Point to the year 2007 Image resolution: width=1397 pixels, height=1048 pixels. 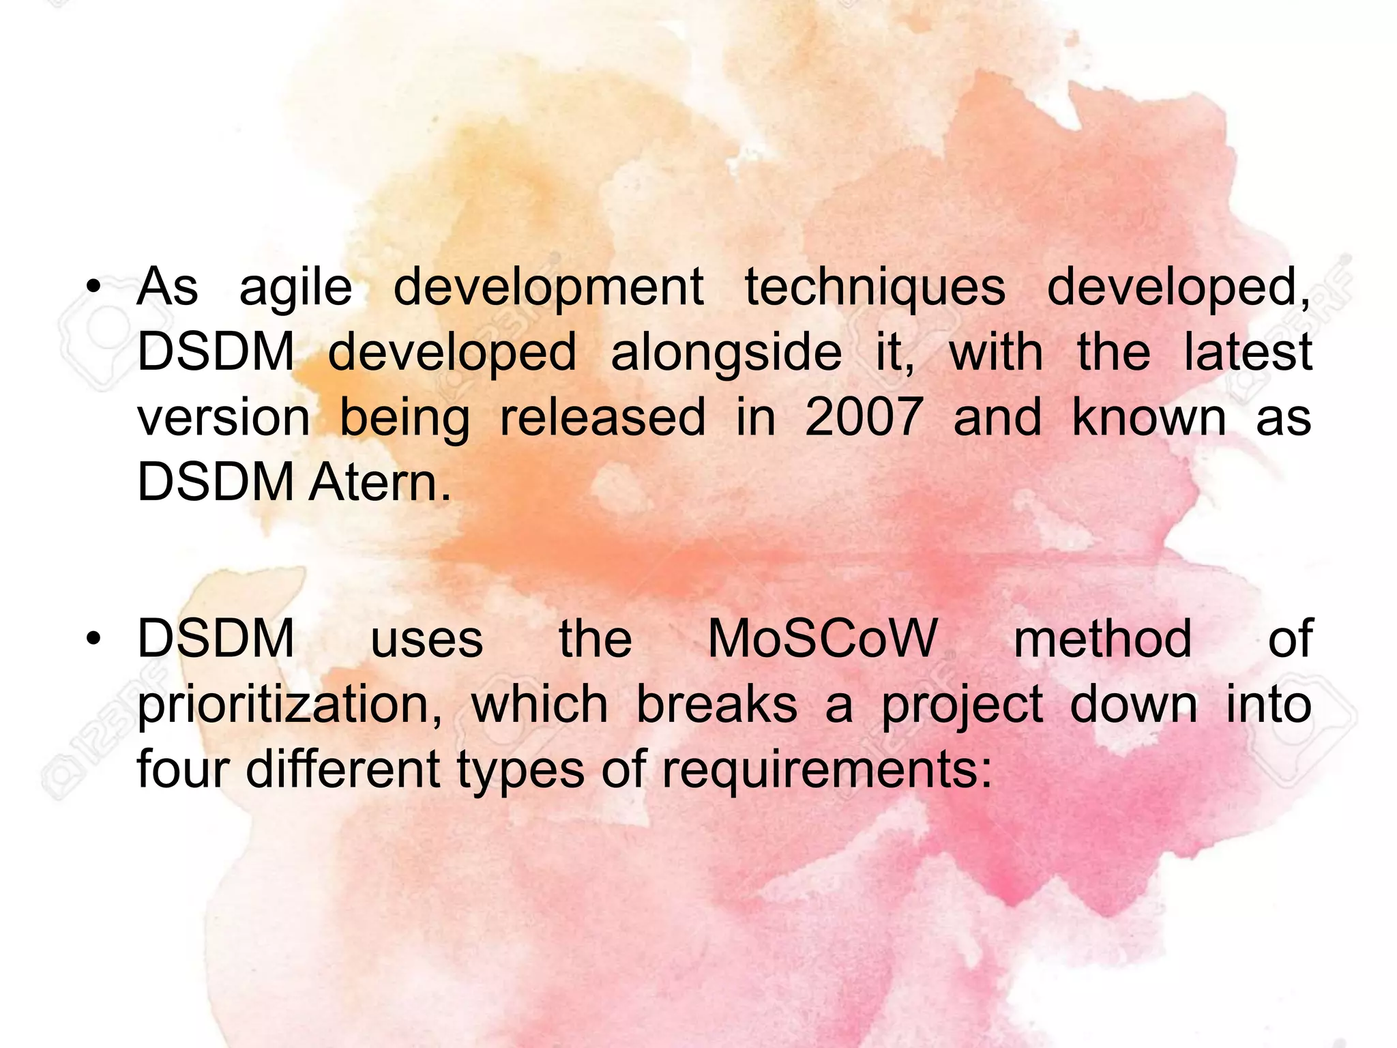864,417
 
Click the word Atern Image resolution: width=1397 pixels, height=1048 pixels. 380,482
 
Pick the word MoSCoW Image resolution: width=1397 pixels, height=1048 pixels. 823,639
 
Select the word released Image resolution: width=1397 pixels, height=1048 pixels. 602,417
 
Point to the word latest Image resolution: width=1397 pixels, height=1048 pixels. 1248,352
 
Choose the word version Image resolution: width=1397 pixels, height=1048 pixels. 224,417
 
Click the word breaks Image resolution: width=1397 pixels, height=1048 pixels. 716,704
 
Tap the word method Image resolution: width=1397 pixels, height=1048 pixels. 1102,639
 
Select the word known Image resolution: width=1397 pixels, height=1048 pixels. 1149,417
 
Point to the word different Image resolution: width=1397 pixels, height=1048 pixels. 342,770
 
